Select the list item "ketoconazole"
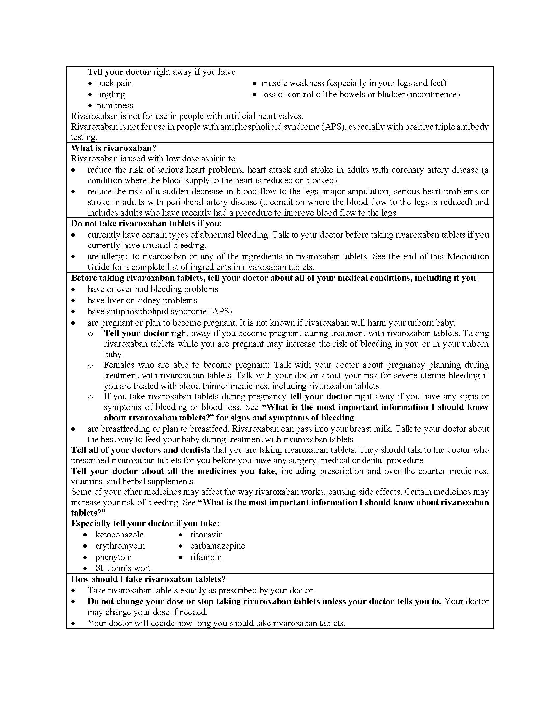click(x=119, y=535)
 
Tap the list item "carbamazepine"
click(x=217, y=546)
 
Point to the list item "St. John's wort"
click(x=123, y=568)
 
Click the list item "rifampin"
click(x=206, y=557)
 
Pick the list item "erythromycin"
click(x=120, y=546)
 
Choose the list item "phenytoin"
click(x=113, y=557)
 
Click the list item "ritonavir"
click(x=206, y=535)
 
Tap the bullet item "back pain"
click(x=114, y=83)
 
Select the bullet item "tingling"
click(x=110, y=94)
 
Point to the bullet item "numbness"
click(x=115, y=105)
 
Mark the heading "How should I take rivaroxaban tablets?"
click(x=148, y=579)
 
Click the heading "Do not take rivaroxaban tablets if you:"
click(x=146, y=224)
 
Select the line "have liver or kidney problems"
click(x=142, y=301)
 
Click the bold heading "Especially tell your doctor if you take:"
click(x=145, y=524)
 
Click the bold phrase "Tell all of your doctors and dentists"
click(x=141, y=450)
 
